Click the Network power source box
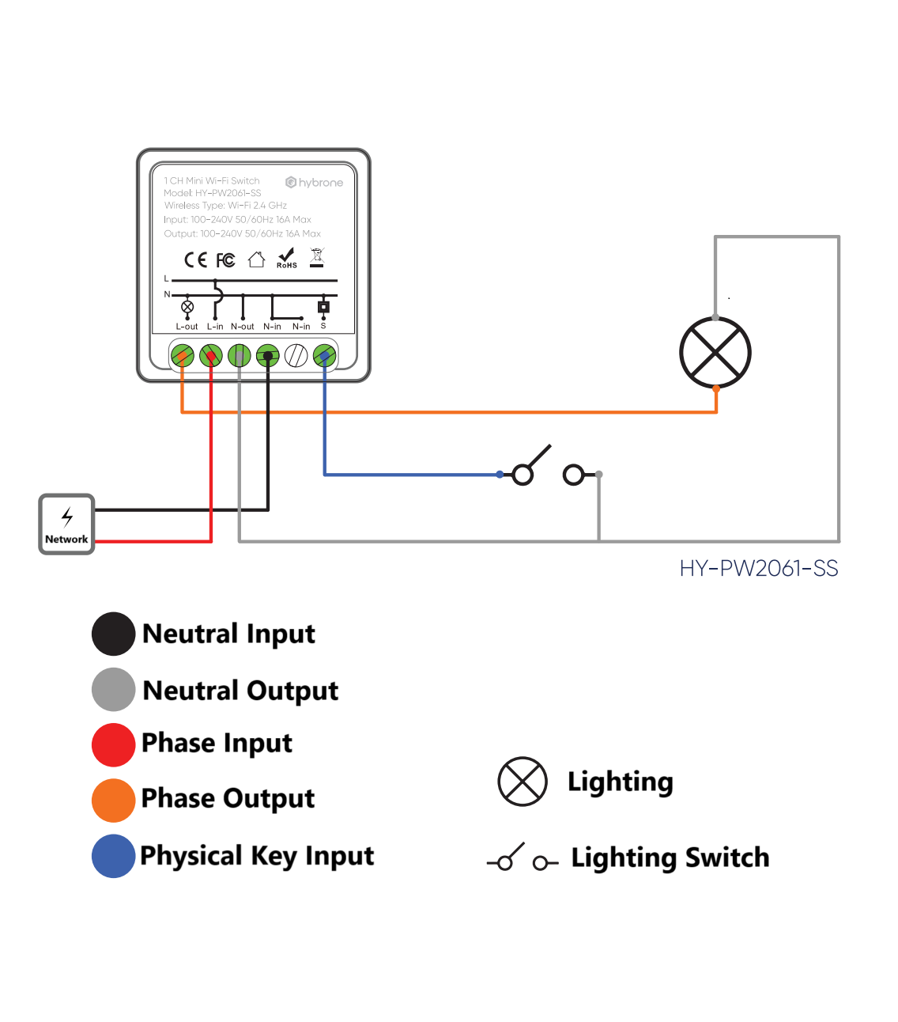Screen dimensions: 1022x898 (x=66, y=524)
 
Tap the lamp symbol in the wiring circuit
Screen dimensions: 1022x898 (x=715, y=353)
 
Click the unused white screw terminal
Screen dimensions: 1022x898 (x=296, y=356)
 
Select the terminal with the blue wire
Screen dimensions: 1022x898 (x=324, y=356)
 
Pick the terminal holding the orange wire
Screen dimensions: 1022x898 (x=183, y=356)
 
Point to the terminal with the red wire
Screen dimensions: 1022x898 (x=211, y=356)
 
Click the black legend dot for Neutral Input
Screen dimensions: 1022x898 (x=114, y=634)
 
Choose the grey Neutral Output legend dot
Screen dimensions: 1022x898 (x=114, y=690)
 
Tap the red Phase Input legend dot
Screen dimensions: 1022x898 (x=114, y=744)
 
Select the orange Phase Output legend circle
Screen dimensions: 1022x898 (x=114, y=800)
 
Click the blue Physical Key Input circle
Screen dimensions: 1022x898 (x=114, y=856)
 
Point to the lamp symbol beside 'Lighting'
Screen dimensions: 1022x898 (x=523, y=782)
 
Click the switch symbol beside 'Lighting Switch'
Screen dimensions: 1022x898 (x=523, y=858)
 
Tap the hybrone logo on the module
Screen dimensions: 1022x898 (x=315, y=183)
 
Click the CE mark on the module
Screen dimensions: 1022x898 (x=195, y=260)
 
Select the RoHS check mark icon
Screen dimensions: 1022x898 (x=286, y=258)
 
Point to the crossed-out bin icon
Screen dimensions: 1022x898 (x=317, y=257)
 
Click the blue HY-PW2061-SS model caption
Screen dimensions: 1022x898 (x=758, y=569)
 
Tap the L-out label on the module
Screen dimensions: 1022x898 (x=187, y=327)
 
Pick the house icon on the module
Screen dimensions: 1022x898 (x=256, y=259)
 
